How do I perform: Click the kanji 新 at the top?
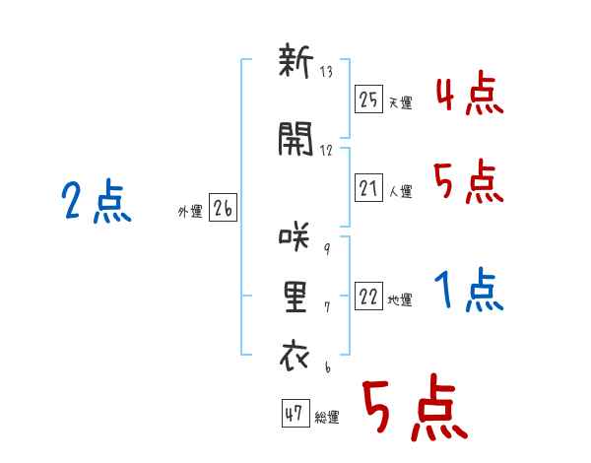click(x=295, y=60)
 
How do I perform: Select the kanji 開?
click(x=295, y=139)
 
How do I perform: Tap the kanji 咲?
click(x=295, y=236)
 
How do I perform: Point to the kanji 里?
click(x=295, y=298)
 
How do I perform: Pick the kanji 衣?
click(x=295, y=356)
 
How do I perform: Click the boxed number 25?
click(x=368, y=99)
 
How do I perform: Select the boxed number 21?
click(x=368, y=187)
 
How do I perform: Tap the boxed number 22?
click(x=368, y=296)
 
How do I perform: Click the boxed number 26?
click(x=223, y=208)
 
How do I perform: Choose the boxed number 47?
click(x=295, y=413)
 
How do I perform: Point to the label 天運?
click(x=401, y=102)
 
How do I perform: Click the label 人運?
click(x=401, y=191)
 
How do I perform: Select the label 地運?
click(x=400, y=300)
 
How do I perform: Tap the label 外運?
click(x=190, y=212)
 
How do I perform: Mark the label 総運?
click(x=327, y=418)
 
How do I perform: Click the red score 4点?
click(x=470, y=95)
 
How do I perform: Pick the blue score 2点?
click(x=97, y=200)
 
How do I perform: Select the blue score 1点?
click(x=469, y=290)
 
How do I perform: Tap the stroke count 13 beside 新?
click(x=326, y=72)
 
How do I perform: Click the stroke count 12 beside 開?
click(x=326, y=151)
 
